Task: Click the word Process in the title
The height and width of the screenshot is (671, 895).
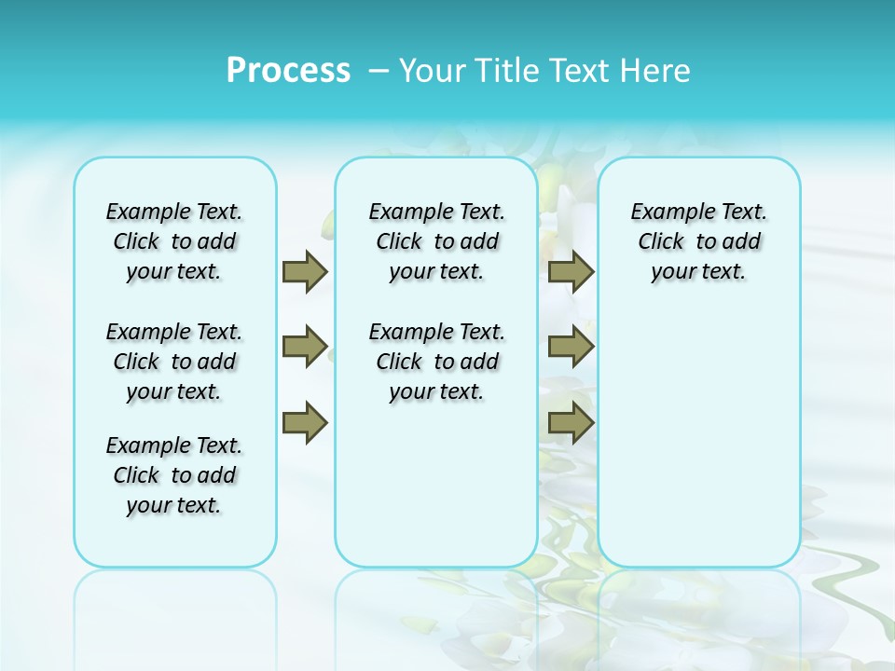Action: tap(288, 70)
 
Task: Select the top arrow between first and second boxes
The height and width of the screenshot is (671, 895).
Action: tap(305, 271)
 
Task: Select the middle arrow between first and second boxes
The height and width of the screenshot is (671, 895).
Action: tap(305, 347)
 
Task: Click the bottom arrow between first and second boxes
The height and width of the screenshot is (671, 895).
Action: tap(305, 422)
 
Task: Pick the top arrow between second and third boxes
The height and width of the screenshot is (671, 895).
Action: tap(571, 271)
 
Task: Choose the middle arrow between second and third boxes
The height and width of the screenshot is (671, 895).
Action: tap(571, 347)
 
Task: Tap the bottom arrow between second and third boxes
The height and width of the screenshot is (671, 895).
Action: tap(571, 422)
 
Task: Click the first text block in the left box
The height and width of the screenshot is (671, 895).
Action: tap(174, 241)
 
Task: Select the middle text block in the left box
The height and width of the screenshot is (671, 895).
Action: tap(174, 362)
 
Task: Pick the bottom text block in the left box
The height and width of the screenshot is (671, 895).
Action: tap(174, 475)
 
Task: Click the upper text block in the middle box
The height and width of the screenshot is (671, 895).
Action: tap(436, 241)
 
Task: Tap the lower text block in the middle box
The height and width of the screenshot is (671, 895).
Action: tap(436, 362)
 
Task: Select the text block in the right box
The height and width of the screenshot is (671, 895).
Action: tap(699, 241)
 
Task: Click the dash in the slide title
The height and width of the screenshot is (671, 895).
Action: tap(379, 71)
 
